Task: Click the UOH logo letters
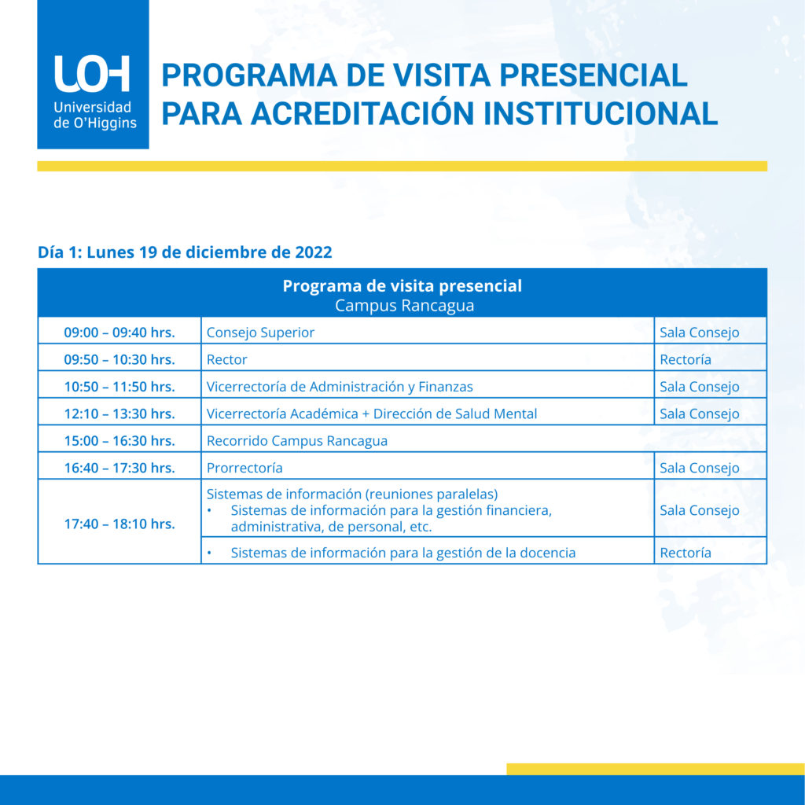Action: click(92, 74)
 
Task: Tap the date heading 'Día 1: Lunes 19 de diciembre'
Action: click(185, 252)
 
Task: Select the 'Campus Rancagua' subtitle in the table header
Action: click(404, 306)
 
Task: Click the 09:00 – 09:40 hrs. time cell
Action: click(119, 333)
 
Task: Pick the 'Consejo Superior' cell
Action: click(260, 333)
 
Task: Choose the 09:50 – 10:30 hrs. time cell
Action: click(119, 359)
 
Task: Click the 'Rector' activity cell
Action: click(227, 359)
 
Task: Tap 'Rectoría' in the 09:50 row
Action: click(686, 359)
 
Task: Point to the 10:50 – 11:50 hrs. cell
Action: click(119, 387)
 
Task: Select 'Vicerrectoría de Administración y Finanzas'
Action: click(340, 387)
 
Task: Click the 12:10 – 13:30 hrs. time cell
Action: click(119, 414)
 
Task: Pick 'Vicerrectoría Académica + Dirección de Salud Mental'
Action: click(372, 414)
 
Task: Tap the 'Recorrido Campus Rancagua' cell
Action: click(297, 441)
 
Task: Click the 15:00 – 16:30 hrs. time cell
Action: click(119, 441)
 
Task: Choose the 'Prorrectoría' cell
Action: click(244, 468)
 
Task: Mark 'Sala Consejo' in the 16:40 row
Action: click(700, 468)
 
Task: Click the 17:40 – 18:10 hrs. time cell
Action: click(119, 524)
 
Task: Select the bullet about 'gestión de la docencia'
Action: click(402, 553)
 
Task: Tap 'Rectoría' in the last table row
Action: click(686, 553)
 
